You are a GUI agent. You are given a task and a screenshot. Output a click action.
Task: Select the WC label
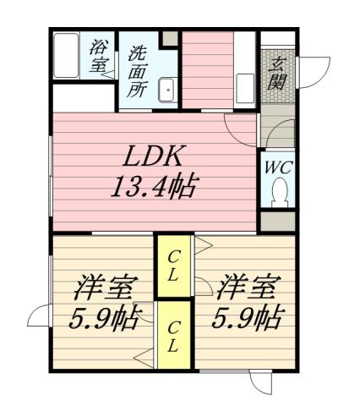278,167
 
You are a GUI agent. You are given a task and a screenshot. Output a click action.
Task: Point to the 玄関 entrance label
276,72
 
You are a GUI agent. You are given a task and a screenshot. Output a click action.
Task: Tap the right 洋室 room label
246,289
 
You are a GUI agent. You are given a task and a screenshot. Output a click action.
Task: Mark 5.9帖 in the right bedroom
246,320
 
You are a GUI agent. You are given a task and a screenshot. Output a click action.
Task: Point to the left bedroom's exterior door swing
39,316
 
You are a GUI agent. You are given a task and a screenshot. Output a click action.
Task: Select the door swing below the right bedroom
262,383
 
